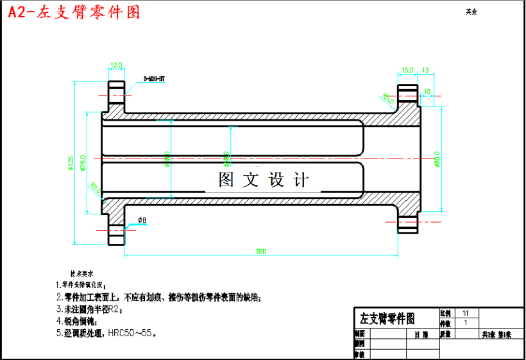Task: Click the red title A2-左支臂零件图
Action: pos(73,12)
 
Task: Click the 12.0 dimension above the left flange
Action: pos(116,65)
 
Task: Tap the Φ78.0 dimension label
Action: pos(83,164)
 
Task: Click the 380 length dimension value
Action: pos(260,251)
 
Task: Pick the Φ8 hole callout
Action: pos(142,220)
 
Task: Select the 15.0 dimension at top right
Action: pos(407,69)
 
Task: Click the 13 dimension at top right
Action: pos(425,69)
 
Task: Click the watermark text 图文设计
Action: pos(264,180)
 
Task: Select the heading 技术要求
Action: pos(81,273)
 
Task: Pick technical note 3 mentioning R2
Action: pos(89,309)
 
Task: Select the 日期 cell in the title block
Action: pos(421,334)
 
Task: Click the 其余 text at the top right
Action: pos(471,12)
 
